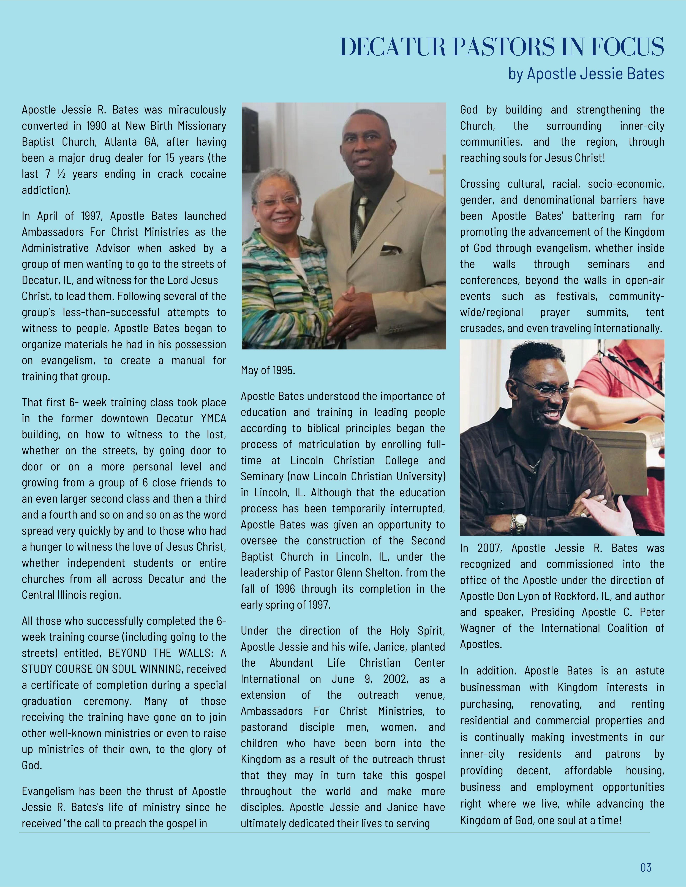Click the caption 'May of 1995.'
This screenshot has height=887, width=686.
[268, 370]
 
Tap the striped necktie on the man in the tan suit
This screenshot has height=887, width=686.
[361, 215]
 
